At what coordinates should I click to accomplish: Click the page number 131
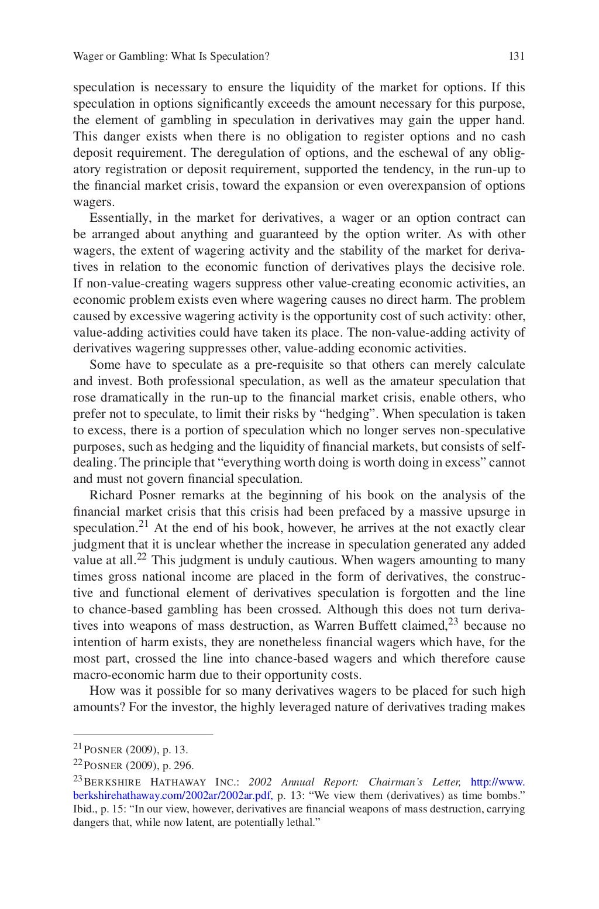click(x=517, y=56)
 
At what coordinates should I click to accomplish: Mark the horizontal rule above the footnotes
click(x=143, y=734)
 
